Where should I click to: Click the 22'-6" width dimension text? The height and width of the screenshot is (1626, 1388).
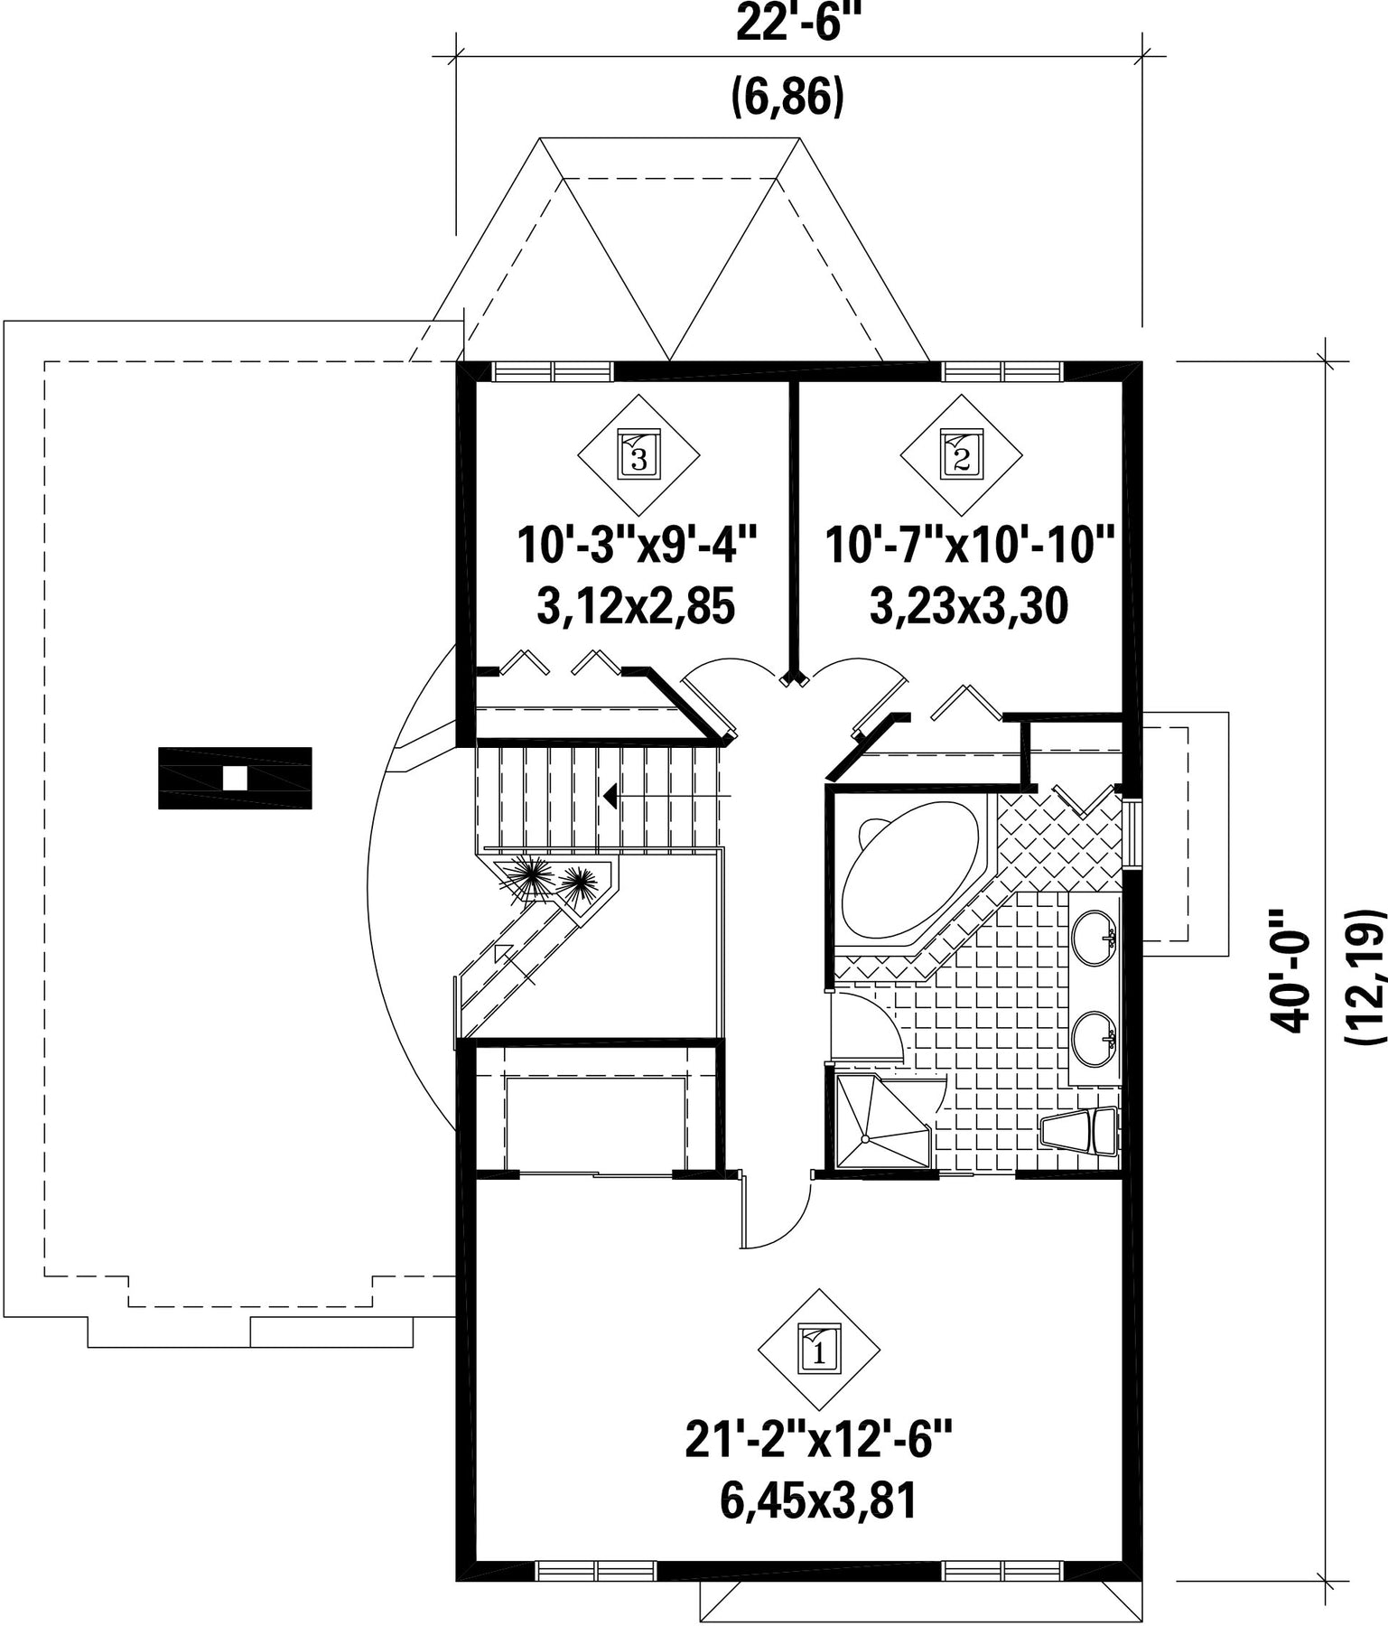pos(795,22)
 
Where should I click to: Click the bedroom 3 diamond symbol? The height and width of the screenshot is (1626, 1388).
pos(638,454)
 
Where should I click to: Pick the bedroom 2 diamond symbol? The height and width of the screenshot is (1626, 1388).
pos(961,454)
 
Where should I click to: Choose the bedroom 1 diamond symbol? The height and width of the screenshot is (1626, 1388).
pos(818,1350)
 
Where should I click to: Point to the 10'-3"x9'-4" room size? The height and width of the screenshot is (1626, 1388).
pos(637,546)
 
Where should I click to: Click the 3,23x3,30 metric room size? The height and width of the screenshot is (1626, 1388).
pos(969,606)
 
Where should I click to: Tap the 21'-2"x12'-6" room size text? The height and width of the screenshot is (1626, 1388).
pos(819,1440)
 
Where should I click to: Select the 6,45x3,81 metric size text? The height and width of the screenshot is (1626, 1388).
pos(819,1501)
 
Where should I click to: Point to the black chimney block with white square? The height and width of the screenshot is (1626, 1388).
pos(235,778)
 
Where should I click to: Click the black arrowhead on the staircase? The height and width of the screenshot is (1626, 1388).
pos(611,796)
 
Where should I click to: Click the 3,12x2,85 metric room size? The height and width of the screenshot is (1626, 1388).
pos(637,606)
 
